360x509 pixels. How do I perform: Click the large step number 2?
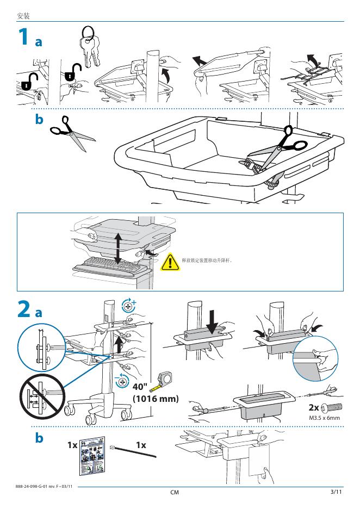tap(23, 310)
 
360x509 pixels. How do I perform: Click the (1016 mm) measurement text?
tap(156, 399)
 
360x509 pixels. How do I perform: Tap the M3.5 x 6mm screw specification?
tap(324, 418)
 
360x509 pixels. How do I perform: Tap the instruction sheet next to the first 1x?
tap(91, 454)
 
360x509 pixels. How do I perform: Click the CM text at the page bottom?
tap(175, 492)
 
